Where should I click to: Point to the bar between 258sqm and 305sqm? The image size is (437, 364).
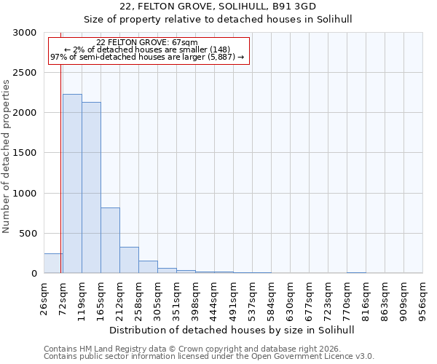[148, 267]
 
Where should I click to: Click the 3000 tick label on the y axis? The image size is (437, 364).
[25, 33]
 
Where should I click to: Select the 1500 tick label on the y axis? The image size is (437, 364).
[25, 153]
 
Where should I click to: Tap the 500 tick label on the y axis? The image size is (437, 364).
[28, 234]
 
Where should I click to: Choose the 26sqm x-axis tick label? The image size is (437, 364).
[44, 298]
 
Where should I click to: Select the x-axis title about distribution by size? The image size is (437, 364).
[233, 330]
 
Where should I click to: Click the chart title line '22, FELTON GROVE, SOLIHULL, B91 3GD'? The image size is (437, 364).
[233, 6]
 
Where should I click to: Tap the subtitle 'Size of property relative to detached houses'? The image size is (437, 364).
[233, 20]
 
